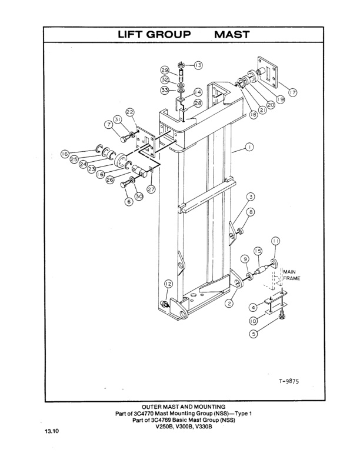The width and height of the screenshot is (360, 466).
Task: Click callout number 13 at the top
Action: tap(198, 65)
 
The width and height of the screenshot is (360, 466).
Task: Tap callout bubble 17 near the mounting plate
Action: tap(292, 92)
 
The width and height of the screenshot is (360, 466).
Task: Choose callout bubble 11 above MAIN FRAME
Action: tap(275, 241)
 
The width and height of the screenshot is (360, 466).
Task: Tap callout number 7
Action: tap(109, 124)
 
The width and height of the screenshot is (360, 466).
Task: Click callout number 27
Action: tap(151, 189)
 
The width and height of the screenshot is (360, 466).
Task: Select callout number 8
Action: tap(251, 212)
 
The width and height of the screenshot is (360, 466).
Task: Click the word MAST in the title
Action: tap(232, 35)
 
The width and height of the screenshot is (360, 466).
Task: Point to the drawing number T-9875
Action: tap(289, 381)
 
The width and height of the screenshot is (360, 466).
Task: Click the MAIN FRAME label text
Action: tap(292, 275)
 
